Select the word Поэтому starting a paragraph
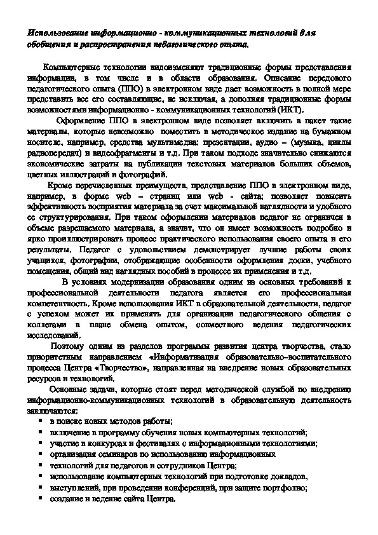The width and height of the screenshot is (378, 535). pos(70,347)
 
